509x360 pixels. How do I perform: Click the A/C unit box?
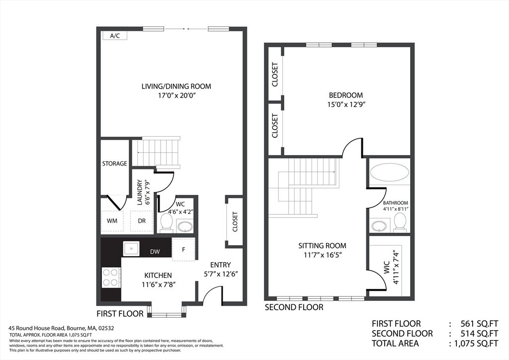(x=115, y=36)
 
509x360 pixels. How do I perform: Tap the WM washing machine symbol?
(x=112, y=221)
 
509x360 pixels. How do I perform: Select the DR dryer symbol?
(x=142, y=221)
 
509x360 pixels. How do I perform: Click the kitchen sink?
(x=131, y=249)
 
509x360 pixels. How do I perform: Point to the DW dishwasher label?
(x=155, y=252)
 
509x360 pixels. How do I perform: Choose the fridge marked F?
(x=183, y=249)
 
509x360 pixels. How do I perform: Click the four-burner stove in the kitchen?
(x=111, y=277)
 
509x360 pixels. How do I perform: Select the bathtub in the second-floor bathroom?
(x=390, y=172)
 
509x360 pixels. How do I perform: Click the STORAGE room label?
(x=115, y=163)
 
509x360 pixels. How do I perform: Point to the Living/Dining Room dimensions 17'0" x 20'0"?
(x=176, y=96)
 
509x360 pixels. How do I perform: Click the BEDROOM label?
(x=346, y=95)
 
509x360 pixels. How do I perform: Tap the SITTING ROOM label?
(x=322, y=246)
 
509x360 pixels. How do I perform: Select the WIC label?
(x=387, y=268)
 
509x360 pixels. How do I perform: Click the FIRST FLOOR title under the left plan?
(x=120, y=314)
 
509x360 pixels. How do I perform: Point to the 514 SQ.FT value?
(x=480, y=333)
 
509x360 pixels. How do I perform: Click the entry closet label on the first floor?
(x=235, y=222)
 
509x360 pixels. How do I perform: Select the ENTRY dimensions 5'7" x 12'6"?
(x=221, y=274)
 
